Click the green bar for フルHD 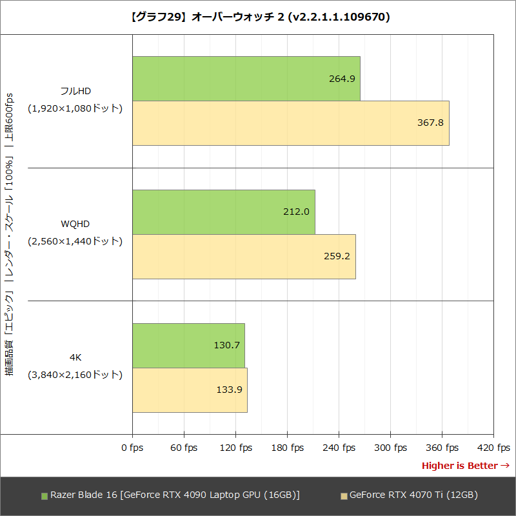click(x=246, y=78)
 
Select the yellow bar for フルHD click(x=290, y=123)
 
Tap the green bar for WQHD click(x=223, y=212)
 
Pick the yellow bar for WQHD click(x=244, y=256)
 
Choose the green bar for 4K click(x=188, y=345)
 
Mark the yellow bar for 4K click(x=190, y=390)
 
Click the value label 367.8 click(x=431, y=123)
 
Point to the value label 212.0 click(x=297, y=212)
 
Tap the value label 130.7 click(x=226, y=345)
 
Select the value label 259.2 click(x=337, y=256)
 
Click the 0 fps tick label click(x=132, y=448)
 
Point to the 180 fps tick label click(x=287, y=448)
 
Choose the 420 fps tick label click(x=493, y=448)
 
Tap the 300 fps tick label click(x=390, y=448)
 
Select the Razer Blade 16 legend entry click(x=170, y=495)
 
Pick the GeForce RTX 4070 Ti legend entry click(x=409, y=495)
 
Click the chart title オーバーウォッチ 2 click(x=258, y=17)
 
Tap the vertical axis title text click(x=9, y=235)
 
